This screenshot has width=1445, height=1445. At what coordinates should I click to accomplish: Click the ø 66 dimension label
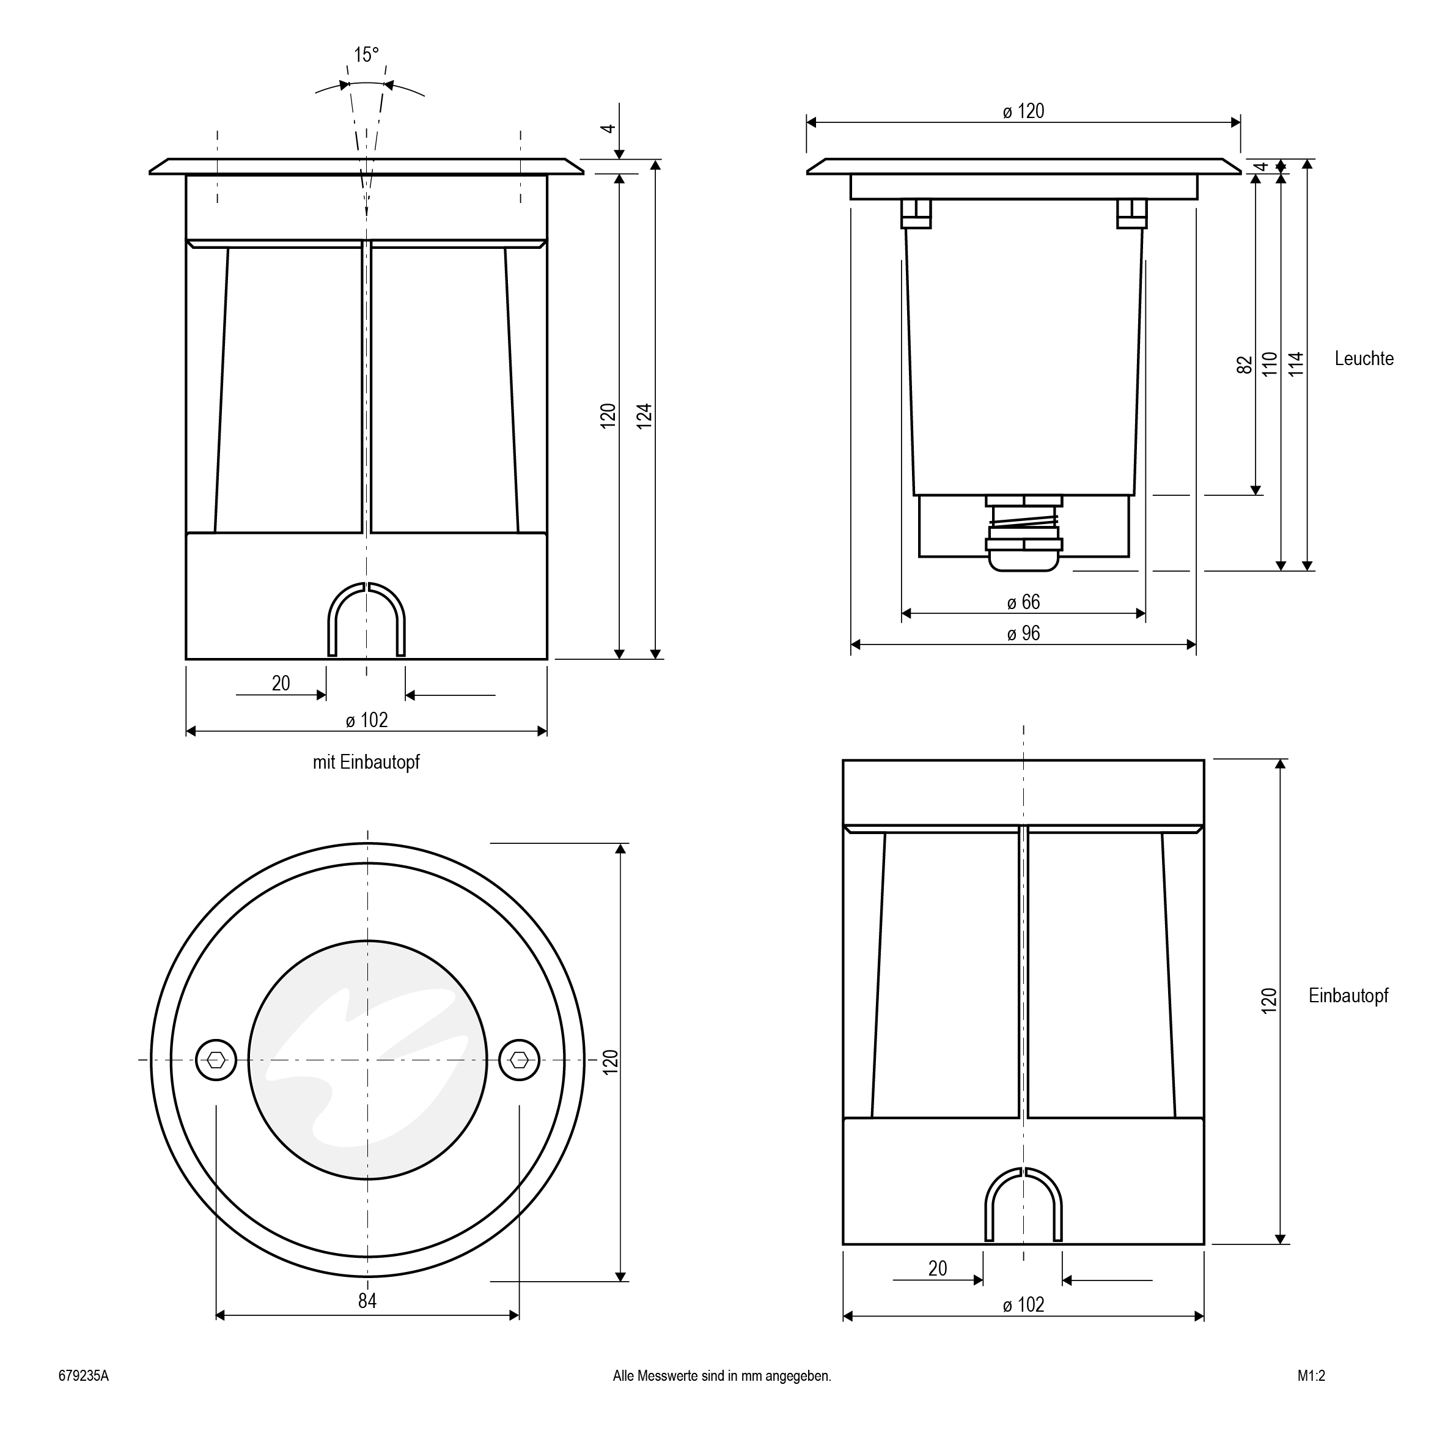(1023, 602)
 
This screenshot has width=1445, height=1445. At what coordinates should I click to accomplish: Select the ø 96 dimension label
(1023, 634)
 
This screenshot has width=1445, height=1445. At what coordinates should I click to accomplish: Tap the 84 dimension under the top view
(367, 1301)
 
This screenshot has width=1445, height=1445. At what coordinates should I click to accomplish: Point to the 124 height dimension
(645, 416)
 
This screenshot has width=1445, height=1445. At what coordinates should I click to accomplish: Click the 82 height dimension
(1245, 365)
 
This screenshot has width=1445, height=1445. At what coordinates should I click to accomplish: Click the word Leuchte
(1364, 358)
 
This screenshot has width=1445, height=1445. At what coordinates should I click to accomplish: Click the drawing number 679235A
(84, 1375)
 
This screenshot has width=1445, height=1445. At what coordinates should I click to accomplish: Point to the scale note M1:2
(1311, 1375)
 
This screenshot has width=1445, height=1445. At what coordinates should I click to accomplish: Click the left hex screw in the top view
(216, 1060)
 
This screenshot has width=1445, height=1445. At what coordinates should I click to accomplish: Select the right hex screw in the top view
(519, 1060)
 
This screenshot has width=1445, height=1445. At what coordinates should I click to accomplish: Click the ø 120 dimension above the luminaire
(1023, 111)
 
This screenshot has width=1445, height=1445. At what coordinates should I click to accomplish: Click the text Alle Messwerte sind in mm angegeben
(722, 1375)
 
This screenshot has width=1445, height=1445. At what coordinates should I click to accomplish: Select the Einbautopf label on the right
(1348, 996)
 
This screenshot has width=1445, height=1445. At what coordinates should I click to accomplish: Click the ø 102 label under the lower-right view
(1023, 1304)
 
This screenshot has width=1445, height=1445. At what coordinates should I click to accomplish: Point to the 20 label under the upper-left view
(281, 683)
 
